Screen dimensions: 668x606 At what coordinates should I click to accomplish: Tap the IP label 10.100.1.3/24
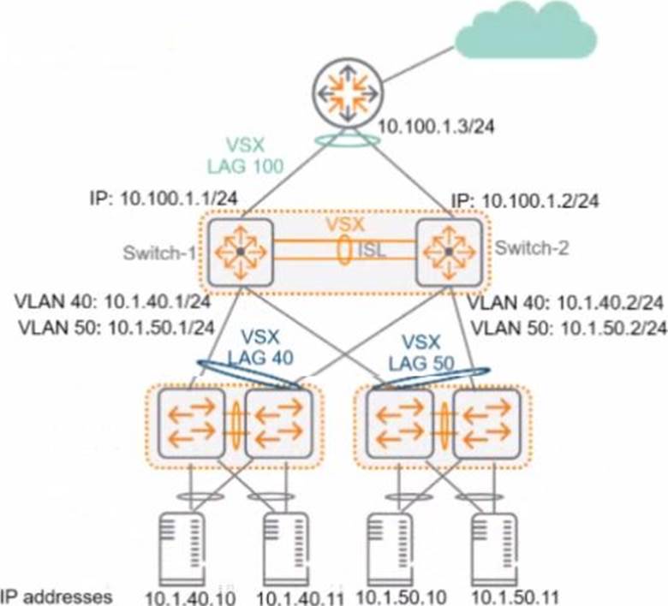pos(437,127)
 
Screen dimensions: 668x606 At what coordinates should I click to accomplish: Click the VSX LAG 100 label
pos(246,156)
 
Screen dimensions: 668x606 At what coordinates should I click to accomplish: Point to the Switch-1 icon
pos(241,252)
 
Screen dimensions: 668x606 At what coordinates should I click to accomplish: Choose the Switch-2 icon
pos(449,252)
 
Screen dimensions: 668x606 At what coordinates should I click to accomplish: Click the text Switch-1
pos(159,253)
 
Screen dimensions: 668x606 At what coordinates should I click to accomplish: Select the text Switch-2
pos(532,247)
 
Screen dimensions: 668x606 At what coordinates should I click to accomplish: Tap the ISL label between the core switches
pos(371,250)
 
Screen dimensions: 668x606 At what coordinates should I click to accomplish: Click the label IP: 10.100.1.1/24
pos(164,199)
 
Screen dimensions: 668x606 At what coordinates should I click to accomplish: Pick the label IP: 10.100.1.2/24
pos(525,200)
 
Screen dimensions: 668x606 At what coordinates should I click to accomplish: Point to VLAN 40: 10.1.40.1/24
pos(113,302)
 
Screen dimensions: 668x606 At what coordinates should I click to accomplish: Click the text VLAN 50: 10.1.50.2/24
pos(569,329)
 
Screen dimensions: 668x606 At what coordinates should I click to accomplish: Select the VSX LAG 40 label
pos(260,348)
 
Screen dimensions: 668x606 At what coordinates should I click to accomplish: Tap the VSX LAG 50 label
pos(421,353)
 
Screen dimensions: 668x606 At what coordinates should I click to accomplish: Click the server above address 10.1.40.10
pos(181,549)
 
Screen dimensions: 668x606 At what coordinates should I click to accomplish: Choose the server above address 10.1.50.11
pos(495,550)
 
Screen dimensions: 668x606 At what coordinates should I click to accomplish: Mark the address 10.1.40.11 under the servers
pos(301,598)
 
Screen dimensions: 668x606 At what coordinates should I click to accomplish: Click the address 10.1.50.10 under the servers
pos(401,597)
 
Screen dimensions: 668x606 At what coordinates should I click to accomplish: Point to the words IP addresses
pos(57,597)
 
